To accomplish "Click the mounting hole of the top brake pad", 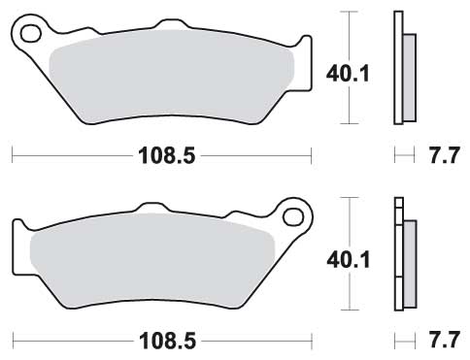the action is (31, 33).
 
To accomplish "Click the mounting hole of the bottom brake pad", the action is (293, 216).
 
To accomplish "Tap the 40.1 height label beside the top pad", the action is (348, 74).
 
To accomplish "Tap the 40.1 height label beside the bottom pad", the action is (349, 260).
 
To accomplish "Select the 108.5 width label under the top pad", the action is (167, 155).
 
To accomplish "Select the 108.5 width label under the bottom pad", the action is (167, 341).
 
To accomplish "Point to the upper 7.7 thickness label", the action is (444, 155).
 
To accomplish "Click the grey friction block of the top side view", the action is (410, 78).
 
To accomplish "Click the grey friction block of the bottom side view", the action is (410, 264).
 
